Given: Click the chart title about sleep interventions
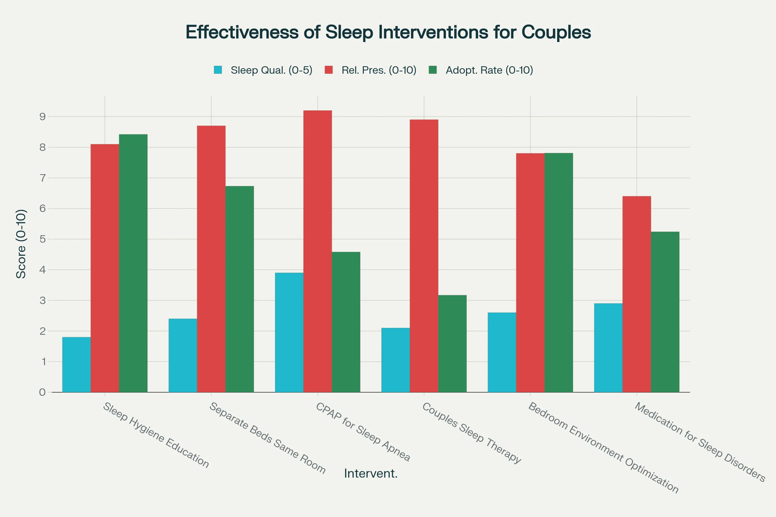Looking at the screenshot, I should tap(388, 32).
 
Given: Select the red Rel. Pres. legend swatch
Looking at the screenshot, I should tap(329, 70).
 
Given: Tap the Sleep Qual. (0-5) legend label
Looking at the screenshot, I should tap(271, 70).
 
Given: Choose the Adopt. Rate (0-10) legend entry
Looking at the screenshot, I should tap(489, 70).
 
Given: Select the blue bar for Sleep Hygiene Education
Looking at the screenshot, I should tap(76, 365).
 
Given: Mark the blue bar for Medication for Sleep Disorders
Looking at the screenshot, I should tap(608, 348).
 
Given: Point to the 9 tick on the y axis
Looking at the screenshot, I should tap(43, 117).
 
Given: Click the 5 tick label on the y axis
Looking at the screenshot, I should tap(43, 239).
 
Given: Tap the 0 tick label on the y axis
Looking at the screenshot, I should tap(43, 392).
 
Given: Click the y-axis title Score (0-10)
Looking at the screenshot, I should tap(21, 244).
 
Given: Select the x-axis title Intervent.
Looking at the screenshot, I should tap(371, 473).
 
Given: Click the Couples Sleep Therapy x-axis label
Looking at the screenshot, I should tap(471, 433).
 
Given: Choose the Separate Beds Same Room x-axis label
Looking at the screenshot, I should tap(268, 438).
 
